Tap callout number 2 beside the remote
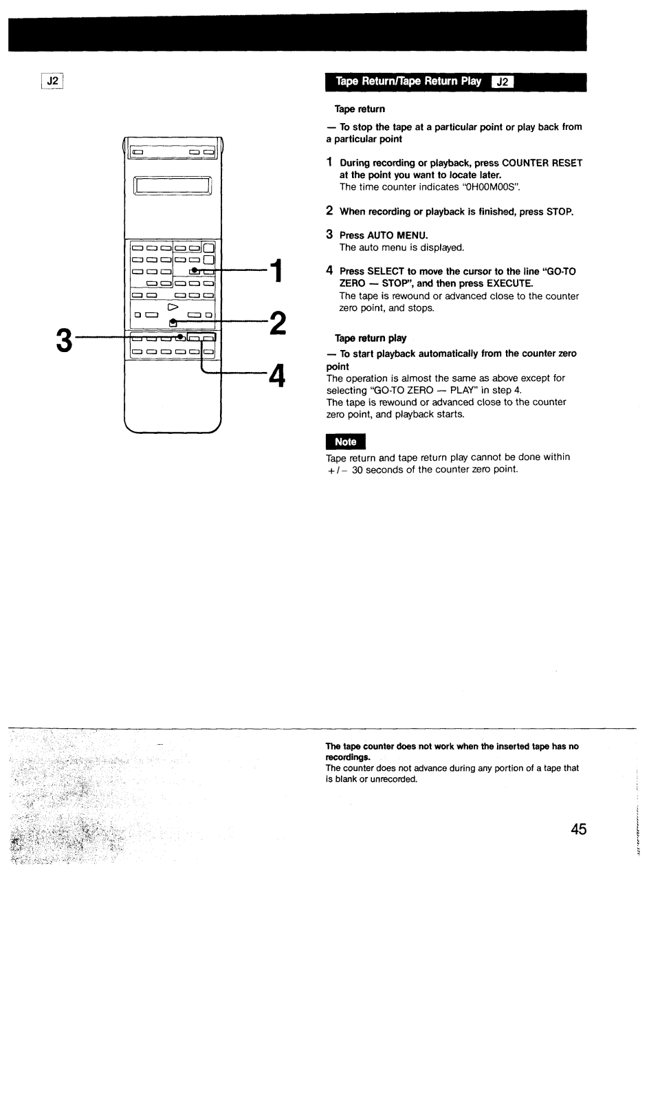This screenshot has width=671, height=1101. coord(276,323)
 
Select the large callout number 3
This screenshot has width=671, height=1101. coord(64,340)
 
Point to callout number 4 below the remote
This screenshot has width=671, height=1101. coord(276,375)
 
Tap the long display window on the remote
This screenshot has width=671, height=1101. coord(173,186)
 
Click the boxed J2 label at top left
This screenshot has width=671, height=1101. coord(52,81)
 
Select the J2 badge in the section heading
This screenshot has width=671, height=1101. coord(503,82)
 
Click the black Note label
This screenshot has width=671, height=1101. coord(345,442)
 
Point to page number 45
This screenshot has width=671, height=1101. coord(578,829)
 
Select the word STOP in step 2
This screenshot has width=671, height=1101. coord(559,212)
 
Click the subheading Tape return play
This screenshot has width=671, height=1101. coord(370,338)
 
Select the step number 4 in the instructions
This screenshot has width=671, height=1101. coord(329,271)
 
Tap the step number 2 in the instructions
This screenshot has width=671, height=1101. coord(329,211)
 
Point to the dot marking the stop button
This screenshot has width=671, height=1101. coord(173,321)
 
